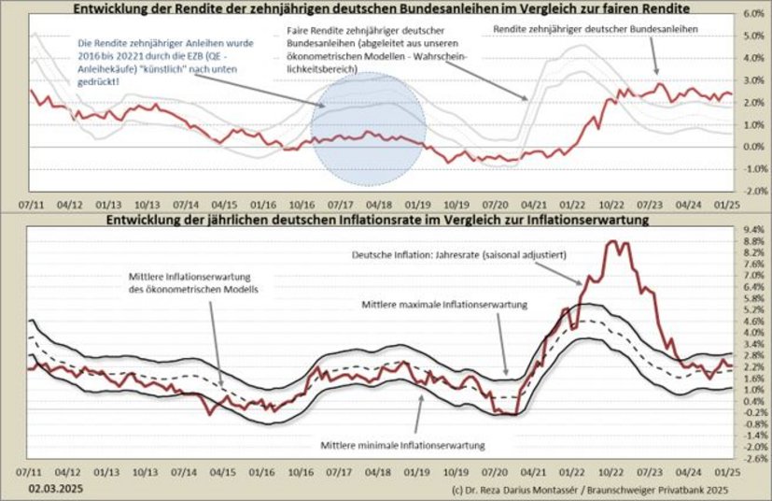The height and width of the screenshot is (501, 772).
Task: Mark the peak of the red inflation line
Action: click(x=613, y=242)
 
